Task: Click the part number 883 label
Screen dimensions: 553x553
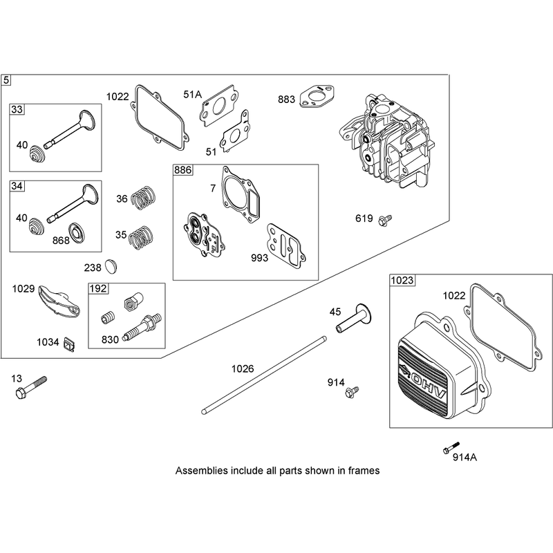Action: coord(286,100)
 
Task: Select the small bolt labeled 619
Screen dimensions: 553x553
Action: coord(384,220)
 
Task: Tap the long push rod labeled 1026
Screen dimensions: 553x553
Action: coord(264,375)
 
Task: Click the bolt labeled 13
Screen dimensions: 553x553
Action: coord(30,387)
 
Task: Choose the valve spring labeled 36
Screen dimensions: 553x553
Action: coord(144,198)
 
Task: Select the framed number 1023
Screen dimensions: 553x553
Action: coord(402,281)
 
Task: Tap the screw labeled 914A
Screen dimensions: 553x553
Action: coord(451,447)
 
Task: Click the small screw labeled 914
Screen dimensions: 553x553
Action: coord(352,391)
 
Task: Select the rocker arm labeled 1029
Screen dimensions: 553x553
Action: coord(59,300)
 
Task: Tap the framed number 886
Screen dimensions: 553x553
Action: coord(182,170)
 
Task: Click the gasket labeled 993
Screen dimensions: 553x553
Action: coord(286,243)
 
